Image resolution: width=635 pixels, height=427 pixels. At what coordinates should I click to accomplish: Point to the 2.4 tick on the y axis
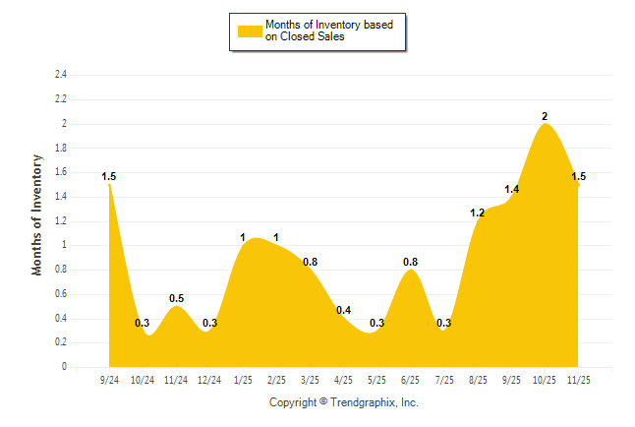click(x=61, y=75)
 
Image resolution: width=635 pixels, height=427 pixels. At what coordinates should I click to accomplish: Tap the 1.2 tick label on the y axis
click(x=61, y=221)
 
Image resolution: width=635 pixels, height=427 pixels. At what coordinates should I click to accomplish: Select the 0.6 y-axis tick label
click(x=61, y=294)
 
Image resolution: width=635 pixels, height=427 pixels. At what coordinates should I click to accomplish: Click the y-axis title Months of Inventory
click(x=37, y=213)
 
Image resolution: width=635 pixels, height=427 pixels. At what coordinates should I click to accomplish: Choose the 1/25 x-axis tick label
click(x=243, y=380)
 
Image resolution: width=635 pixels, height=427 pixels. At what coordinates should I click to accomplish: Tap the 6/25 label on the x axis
click(x=411, y=380)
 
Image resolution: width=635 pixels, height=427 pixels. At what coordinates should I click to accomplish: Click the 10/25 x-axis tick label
click(x=545, y=380)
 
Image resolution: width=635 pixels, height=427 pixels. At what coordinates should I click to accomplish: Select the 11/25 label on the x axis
click(x=578, y=380)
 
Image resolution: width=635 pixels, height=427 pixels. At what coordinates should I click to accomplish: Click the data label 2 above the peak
click(x=545, y=116)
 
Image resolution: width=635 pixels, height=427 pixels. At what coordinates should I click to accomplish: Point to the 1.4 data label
click(x=511, y=189)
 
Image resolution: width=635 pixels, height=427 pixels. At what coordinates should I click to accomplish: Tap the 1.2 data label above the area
click(x=478, y=213)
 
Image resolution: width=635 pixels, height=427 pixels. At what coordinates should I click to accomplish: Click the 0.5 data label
click(x=176, y=298)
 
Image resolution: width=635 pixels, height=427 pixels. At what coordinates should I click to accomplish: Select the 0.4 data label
click(x=344, y=311)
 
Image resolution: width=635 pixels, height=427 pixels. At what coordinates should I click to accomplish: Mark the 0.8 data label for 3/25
click(x=310, y=262)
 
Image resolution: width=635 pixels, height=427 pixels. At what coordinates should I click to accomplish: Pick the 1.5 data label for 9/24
click(x=108, y=177)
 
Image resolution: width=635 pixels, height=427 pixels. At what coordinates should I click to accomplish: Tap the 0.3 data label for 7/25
click(x=444, y=323)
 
